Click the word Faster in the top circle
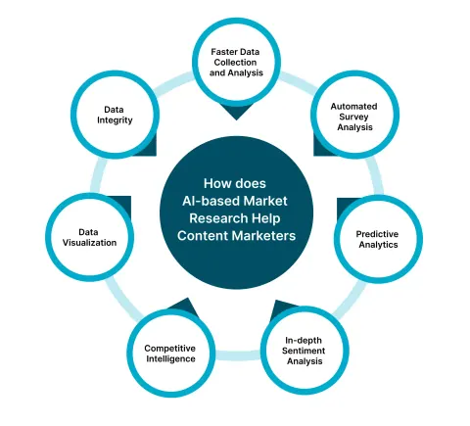click(223, 52)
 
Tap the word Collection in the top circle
click(235, 63)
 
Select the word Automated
click(353, 107)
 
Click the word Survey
click(353, 117)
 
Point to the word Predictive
click(377, 234)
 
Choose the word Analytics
click(378, 245)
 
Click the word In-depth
click(304, 341)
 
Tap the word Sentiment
click(304, 351)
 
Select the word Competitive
click(170, 349)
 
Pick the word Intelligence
click(170, 358)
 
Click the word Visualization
click(89, 243)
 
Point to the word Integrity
click(115, 120)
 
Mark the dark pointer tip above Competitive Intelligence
click(187, 298)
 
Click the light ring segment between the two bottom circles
click(238, 355)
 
